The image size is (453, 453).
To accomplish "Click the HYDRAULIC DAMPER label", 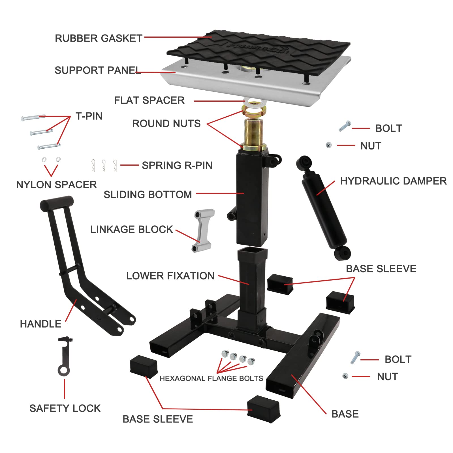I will (x=393, y=181).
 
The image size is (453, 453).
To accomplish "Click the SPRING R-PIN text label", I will (x=177, y=165).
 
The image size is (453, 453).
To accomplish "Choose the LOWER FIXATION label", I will (x=170, y=276).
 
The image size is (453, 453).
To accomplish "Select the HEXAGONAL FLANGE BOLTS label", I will (x=211, y=379).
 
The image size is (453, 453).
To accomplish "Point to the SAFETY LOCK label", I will (x=65, y=408).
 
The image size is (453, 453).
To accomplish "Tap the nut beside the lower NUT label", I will (x=345, y=376).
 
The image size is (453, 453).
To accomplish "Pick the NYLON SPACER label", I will (x=56, y=185).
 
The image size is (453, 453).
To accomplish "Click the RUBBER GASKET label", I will (x=99, y=38).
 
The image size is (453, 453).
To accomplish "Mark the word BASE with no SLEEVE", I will (x=345, y=414).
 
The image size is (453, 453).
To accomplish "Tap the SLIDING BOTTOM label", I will (x=148, y=195).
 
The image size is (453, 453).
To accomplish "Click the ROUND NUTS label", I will (x=166, y=123).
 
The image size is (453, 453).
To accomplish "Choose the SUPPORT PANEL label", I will (x=97, y=70).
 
